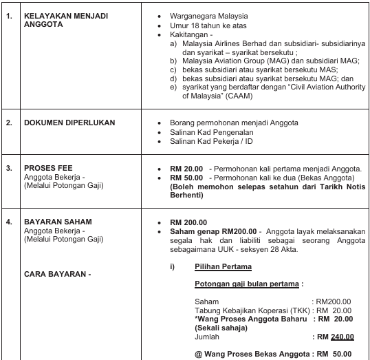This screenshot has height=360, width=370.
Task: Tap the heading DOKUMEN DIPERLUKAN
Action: tap(69, 123)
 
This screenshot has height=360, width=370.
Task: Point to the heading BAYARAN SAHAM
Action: tap(58, 222)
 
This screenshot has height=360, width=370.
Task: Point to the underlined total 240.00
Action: tap(342, 337)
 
